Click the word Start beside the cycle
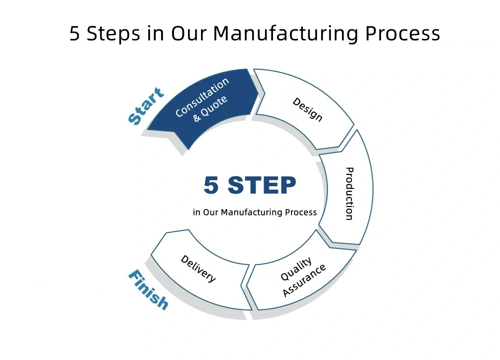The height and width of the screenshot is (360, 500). pos(145,105)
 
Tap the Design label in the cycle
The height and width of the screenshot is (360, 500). pos(307,109)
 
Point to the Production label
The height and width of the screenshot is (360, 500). pos(350,193)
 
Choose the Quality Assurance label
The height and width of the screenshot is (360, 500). pos(302,276)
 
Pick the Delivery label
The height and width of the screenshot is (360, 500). pos(198,268)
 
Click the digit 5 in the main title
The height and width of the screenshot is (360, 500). pos(74,33)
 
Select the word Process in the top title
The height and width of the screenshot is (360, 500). pos(402,33)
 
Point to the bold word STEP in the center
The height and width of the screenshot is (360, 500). pos(262,185)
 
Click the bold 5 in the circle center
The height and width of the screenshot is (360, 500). pos(211,185)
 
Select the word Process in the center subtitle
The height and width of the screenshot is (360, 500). pos(300,212)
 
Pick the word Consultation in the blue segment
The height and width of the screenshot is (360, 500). pos(202,97)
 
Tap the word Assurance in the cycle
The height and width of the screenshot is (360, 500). pos(304,280)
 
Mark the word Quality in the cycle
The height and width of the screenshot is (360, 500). pos(296,269)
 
